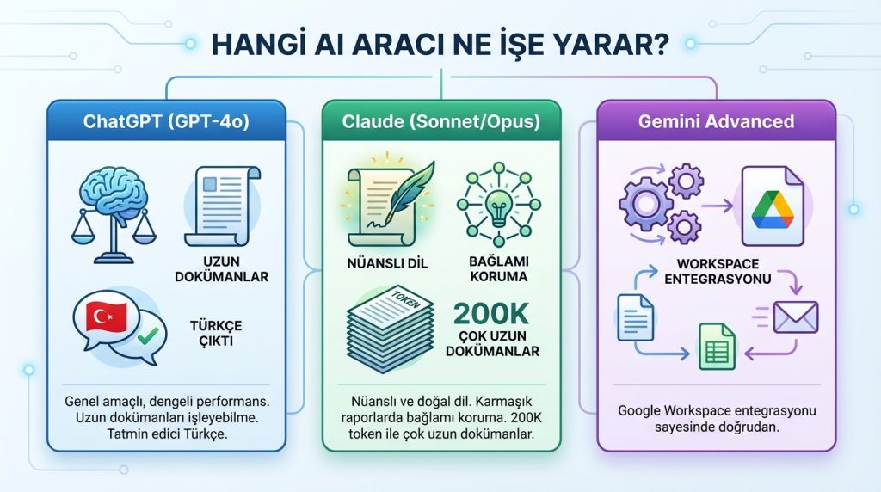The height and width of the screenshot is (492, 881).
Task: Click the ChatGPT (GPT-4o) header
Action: coord(166,121)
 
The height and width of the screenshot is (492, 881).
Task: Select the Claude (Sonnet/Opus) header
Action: coord(441,121)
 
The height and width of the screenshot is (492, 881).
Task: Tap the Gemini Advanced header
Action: coord(716,121)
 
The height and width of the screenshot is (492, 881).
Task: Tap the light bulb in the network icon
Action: coord(500,206)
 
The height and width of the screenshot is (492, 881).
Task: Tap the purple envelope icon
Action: coord(796,317)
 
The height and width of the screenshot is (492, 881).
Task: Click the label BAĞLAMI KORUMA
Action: coord(500,269)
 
